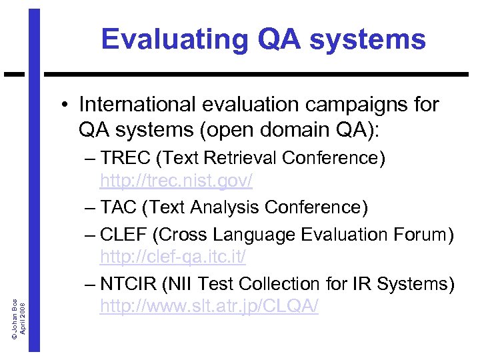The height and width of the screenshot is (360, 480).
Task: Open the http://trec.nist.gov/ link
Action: [176, 181]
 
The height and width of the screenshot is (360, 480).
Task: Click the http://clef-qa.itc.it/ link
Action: [173, 256]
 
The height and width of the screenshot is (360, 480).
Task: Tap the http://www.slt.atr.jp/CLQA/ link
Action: [209, 306]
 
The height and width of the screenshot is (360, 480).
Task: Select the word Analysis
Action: [226, 208]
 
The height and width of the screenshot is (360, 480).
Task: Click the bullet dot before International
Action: [67, 105]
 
